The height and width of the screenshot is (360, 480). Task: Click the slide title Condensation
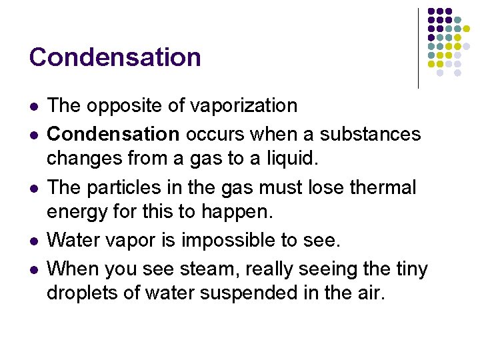[115, 57]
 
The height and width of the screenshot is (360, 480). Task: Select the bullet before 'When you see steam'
[34, 270]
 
